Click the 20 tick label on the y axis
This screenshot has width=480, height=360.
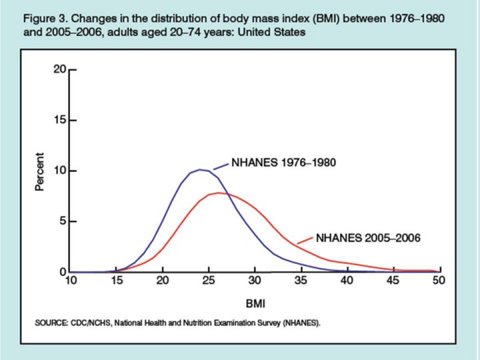pos(59,69)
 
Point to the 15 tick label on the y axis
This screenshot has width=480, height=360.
pos(59,121)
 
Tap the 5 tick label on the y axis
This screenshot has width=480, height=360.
pos(62,221)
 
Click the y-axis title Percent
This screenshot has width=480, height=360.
pos(40,173)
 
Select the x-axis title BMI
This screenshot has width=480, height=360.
pos(255,304)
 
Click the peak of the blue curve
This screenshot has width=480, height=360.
pos(200,169)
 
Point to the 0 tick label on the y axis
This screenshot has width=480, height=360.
pos(62,271)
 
